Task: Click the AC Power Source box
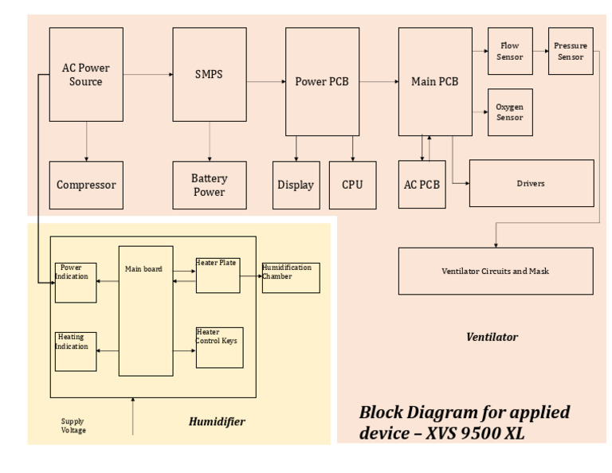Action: (86, 74)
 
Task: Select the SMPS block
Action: (209, 74)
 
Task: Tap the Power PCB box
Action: (322, 81)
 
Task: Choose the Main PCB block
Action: (434, 81)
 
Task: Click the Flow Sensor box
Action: (510, 51)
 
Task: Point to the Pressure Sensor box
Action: (571, 51)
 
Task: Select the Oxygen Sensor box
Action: (510, 112)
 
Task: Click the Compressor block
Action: (86, 185)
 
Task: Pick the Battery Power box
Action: (209, 185)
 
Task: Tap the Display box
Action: (296, 185)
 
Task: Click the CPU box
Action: (352, 185)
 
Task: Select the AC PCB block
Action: (422, 185)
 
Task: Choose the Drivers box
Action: (531, 183)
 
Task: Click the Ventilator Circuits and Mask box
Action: (496, 271)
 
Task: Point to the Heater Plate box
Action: (218, 275)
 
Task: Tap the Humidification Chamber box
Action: (291, 278)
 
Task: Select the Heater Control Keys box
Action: (219, 347)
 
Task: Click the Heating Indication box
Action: (76, 351)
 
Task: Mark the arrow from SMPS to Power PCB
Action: (265, 81)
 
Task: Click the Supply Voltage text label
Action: (73, 426)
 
